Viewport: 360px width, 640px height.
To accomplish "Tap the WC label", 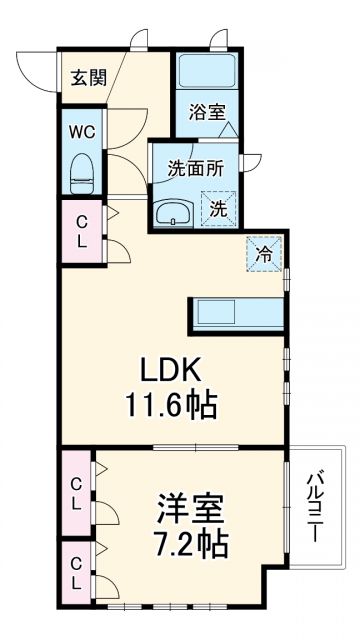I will tap(82, 130).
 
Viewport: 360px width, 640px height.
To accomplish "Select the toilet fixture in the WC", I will tap(82, 170).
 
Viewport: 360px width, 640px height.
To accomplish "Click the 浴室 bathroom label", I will tap(208, 112).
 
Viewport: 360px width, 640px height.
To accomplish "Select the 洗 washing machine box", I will tap(217, 208).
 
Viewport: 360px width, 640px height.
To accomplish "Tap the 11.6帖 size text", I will tap(170, 407).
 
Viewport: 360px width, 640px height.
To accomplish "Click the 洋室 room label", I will tap(189, 508).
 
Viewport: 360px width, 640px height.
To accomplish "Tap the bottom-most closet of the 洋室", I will tap(76, 573).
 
